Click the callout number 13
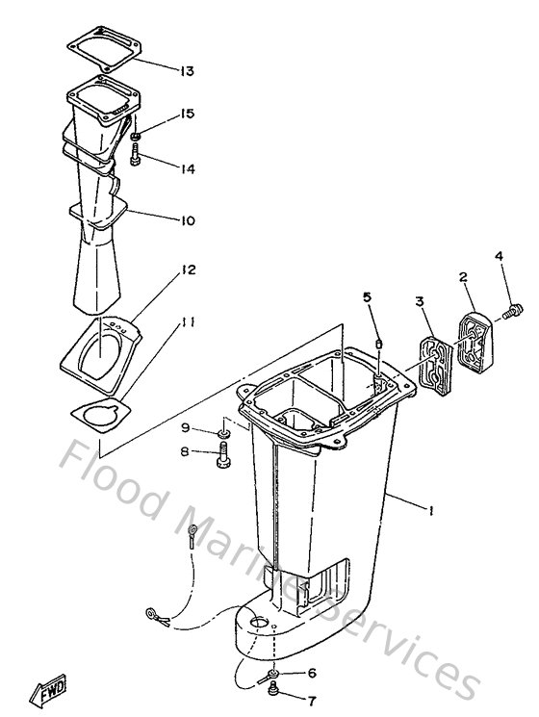tap(187, 70)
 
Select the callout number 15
tap(187, 114)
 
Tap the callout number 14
tap(187, 168)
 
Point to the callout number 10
tap(187, 220)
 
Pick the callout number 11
tap(188, 321)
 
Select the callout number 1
tap(430, 512)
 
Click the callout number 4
tap(499, 256)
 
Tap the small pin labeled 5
tap(379, 345)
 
